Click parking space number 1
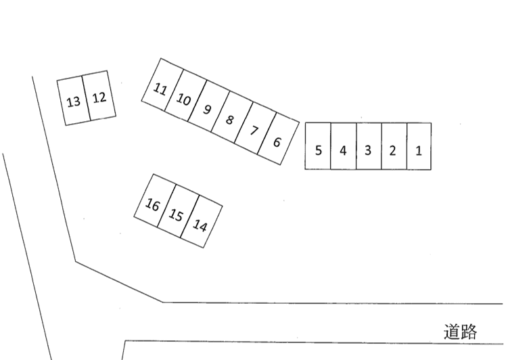(x=419, y=146)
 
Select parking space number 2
(x=394, y=146)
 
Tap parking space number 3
(x=369, y=146)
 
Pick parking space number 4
(x=343, y=146)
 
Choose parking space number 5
(x=318, y=145)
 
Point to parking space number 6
(x=278, y=139)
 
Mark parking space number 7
(x=255, y=128)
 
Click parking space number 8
(x=231, y=117)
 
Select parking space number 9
(x=208, y=106)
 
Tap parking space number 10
(x=185, y=95)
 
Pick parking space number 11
(x=162, y=85)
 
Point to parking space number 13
(x=74, y=100)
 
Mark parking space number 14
(x=202, y=222)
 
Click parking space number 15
(x=179, y=211)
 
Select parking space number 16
(x=155, y=200)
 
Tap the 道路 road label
(x=460, y=332)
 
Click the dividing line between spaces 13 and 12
(x=86, y=98)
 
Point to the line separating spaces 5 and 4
(x=331, y=146)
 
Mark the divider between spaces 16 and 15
(x=166, y=206)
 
